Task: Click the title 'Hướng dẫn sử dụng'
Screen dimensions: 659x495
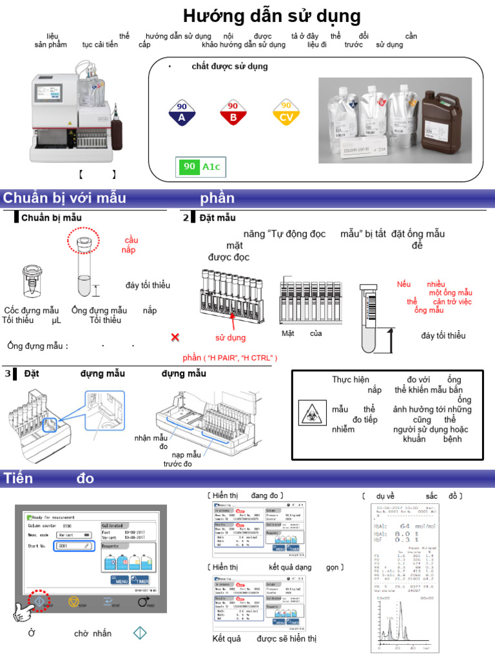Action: point(271,17)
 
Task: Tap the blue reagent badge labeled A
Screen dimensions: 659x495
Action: point(182,113)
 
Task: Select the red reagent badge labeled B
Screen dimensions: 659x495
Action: point(233,113)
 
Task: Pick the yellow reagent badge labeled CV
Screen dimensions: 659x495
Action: point(286,113)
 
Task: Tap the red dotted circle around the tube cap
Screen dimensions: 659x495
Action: point(83,241)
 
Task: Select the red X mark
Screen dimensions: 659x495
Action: point(175,338)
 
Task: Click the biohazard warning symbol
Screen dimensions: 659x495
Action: point(309,409)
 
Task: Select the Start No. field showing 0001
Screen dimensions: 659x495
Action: point(73,546)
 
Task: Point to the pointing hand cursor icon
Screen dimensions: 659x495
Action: point(24,612)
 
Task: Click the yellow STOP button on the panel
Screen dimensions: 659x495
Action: point(73,602)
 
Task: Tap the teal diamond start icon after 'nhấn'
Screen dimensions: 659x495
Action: point(140,633)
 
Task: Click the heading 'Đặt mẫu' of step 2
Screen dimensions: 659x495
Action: point(217,218)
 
